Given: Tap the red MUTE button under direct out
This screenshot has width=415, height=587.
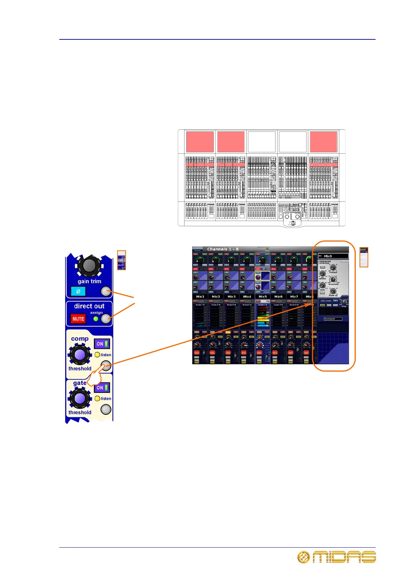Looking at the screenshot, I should pyautogui.click(x=78, y=319).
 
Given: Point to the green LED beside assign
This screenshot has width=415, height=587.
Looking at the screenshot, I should pyautogui.click(x=96, y=319).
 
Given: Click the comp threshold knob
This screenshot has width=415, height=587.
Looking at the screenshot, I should pyautogui.click(x=80, y=355).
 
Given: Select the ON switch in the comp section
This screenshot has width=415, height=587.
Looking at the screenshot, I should pyautogui.click(x=102, y=344).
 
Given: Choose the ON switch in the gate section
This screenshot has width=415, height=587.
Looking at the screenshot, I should pyautogui.click(x=102, y=388).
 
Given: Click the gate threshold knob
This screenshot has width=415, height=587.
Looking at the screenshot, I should pyautogui.click(x=80, y=398).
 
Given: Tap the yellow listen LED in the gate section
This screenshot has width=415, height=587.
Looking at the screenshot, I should pyautogui.click(x=97, y=398).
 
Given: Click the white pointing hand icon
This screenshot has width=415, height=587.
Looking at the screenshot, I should pyautogui.click(x=95, y=378).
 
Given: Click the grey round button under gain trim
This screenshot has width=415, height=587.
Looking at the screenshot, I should pyautogui.click(x=106, y=291).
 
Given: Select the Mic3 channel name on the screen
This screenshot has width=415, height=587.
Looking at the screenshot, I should pyautogui.click(x=232, y=297).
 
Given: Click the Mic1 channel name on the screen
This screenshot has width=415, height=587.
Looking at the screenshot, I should pyautogui.click(x=200, y=297).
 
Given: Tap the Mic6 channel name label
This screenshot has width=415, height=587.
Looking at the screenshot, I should pyautogui.click(x=278, y=297).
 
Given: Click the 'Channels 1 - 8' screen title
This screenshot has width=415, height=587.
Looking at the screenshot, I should pyautogui.click(x=223, y=249).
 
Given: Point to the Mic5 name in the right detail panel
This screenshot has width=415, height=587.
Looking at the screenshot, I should pyautogui.click(x=328, y=256).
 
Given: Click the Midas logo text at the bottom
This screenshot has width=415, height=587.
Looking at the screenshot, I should pyautogui.click(x=344, y=557).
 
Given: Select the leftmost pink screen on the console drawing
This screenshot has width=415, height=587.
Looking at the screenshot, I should pyautogui.click(x=200, y=142).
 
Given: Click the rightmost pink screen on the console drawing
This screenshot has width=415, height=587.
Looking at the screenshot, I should pyautogui.click(x=324, y=142).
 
